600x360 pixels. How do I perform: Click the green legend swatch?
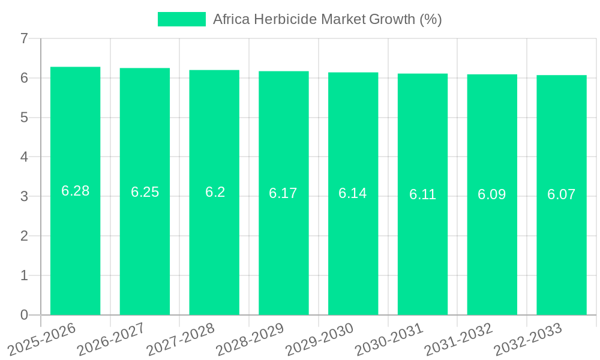pos(181,19)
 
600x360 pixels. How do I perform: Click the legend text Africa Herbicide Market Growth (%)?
pos(327,19)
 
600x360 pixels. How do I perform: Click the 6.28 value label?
pos(75,191)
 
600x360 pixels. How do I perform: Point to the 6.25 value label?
pos(145,192)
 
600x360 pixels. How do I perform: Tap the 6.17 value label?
pos(283,193)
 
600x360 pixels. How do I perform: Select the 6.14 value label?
pos(353,193)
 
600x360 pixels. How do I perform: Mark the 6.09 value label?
pos(491,194)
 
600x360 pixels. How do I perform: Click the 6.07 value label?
pos(561,194)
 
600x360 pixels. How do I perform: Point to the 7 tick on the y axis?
pos(24,38)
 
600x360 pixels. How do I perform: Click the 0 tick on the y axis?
pos(24,315)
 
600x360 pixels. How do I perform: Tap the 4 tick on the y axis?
pos(24,157)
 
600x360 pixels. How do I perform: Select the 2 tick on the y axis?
pos(24,236)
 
